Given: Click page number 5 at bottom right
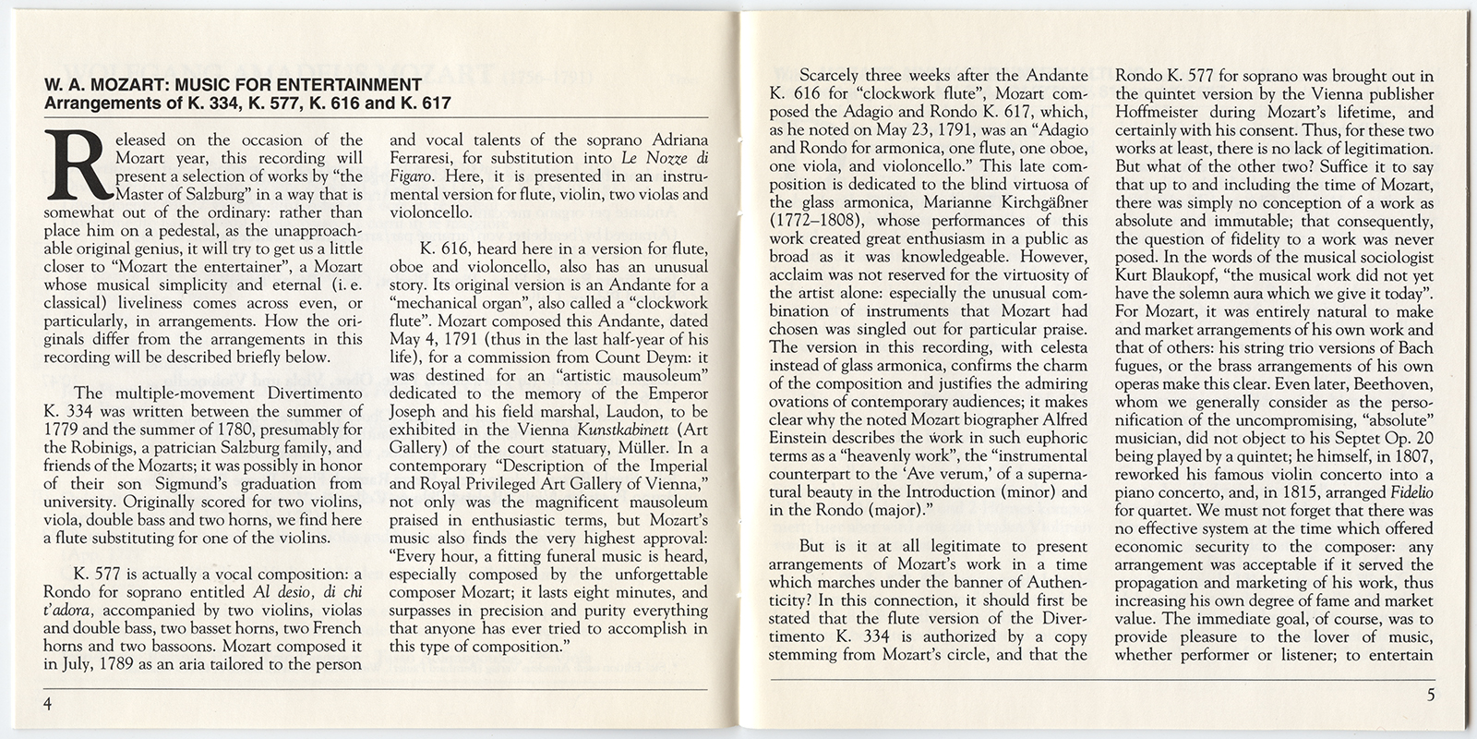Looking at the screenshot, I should coord(1430,697).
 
